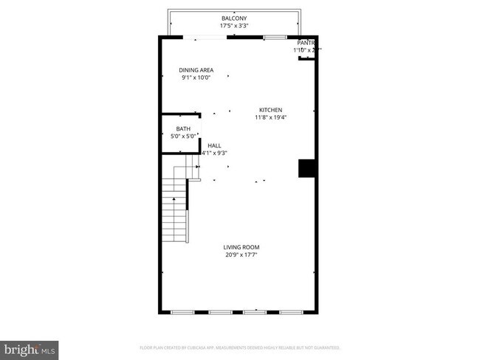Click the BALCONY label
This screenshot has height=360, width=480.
click(234, 18)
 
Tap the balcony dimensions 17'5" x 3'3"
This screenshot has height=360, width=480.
click(234, 26)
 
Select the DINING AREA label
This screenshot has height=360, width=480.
click(196, 70)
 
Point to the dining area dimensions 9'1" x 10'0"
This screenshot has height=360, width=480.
click(196, 78)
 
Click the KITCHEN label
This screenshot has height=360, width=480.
click(270, 110)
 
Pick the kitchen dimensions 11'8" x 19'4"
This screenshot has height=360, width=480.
click(270, 117)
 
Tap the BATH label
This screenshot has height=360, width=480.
click(182, 128)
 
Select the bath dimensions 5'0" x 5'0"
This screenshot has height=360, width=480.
click(182, 136)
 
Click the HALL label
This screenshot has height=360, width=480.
click(214, 145)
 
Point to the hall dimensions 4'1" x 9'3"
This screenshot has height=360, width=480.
click(214, 153)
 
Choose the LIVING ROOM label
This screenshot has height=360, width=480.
click(241, 247)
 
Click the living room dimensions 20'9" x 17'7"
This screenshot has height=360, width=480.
click(241, 255)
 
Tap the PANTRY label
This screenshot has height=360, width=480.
click(306, 43)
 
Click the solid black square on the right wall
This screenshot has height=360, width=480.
click(306, 169)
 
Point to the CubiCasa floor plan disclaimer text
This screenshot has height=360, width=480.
click(240, 347)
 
